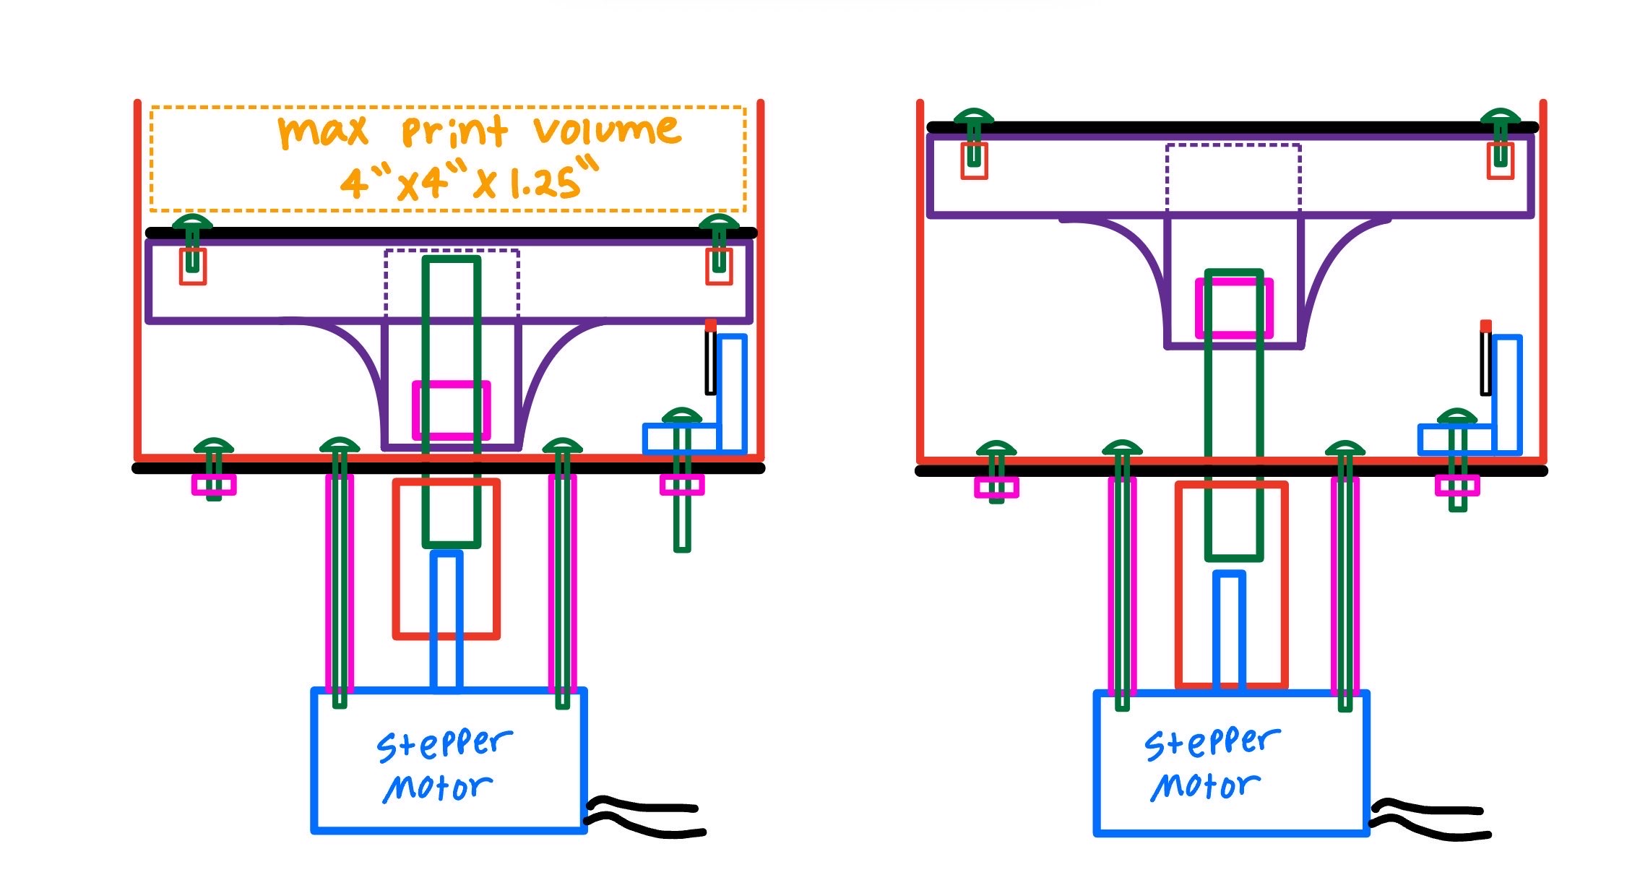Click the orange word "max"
tap(323, 132)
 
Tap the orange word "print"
tap(454, 132)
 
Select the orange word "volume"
tap(607, 130)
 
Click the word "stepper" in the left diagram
tap(444, 744)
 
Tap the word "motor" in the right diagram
tap(1205, 786)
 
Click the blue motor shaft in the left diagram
tap(446, 621)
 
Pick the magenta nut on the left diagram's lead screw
tap(452, 410)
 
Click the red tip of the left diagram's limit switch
tap(711, 326)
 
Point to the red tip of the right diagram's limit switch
tap(1485, 327)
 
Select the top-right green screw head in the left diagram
tap(719, 222)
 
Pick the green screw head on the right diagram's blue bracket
tap(1457, 417)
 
